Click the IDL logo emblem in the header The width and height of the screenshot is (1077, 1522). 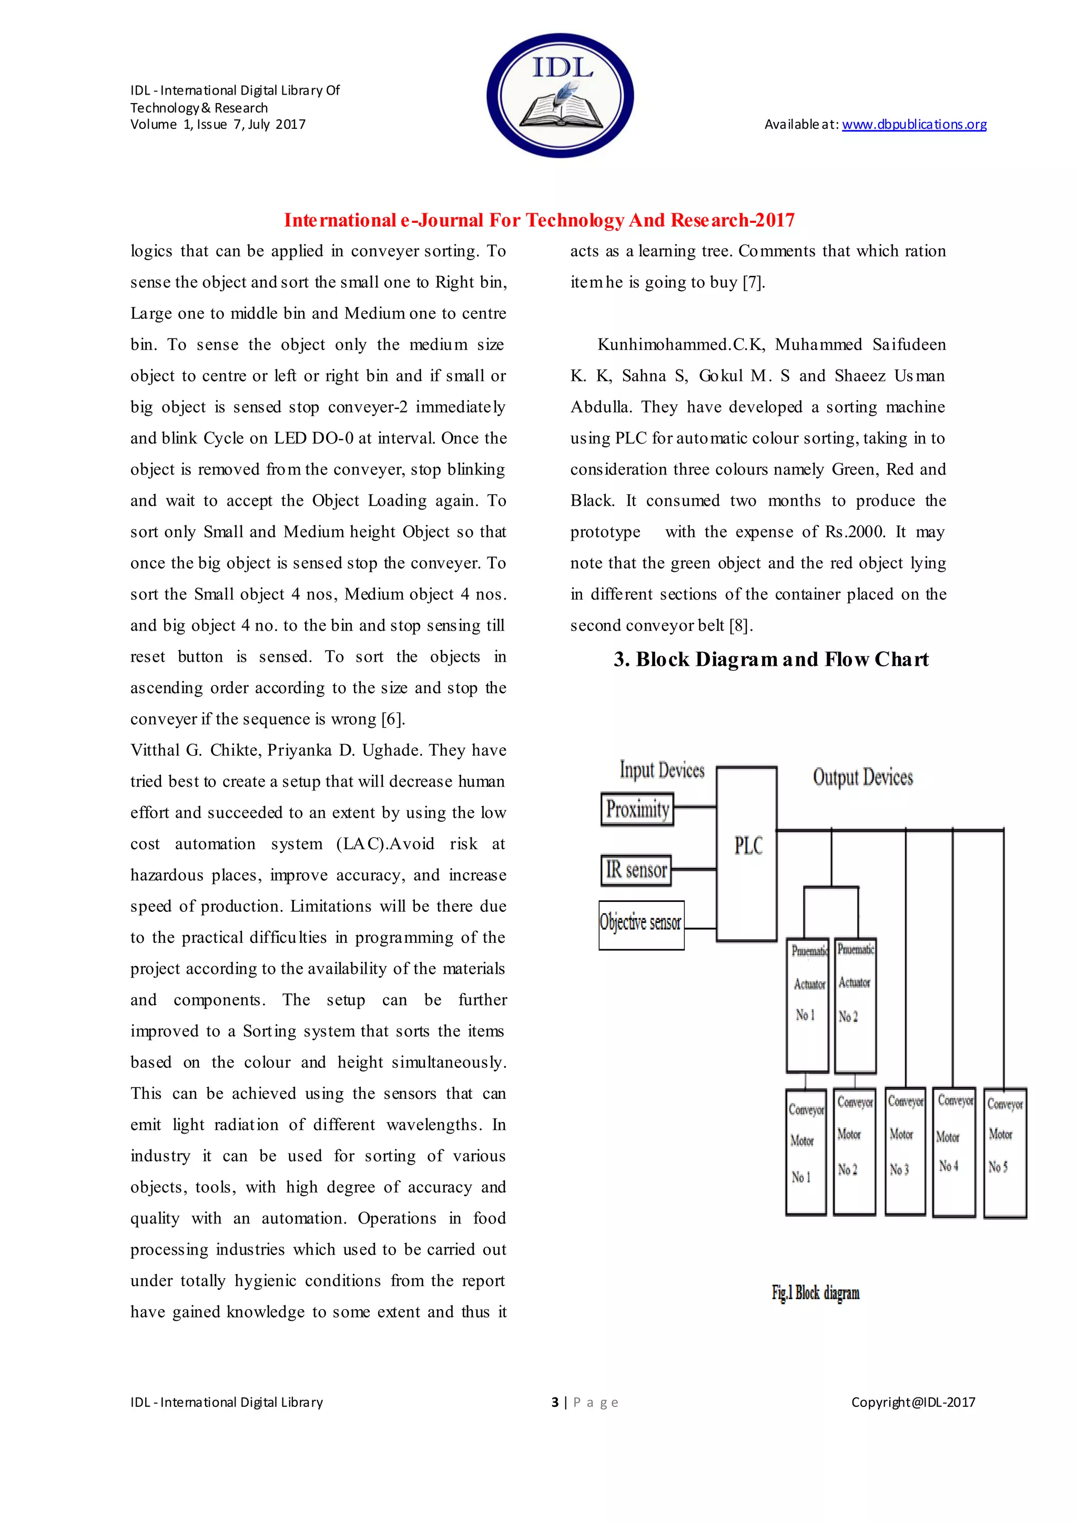(x=561, y=96)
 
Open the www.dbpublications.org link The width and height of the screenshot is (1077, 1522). (x=914, y=125)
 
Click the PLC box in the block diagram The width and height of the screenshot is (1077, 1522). (x=747, y=854)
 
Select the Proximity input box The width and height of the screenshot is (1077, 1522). (x=637, y=809)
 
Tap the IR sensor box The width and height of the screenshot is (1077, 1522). (x=636, y=870)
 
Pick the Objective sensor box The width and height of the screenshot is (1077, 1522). (x=641, y=925)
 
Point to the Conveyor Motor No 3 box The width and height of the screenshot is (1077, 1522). (x=905, y=1151)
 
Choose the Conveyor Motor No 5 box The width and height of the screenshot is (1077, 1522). (x=1005, y=1152)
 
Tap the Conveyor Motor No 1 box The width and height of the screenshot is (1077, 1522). (x=806, y=1152)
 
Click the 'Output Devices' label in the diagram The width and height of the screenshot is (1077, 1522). (x=863, y=777)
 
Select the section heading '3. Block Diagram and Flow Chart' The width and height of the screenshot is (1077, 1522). (x=770, y=660)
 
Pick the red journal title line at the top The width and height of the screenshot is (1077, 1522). (x=539, y=221)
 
